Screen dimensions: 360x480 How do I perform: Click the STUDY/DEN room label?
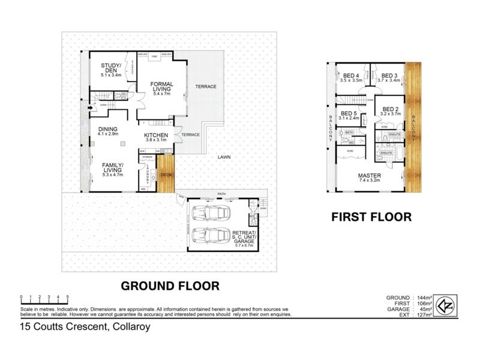pyautogui.click(x=111, y=70)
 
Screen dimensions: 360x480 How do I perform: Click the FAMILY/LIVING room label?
pyautogui.click(x=112, y=169)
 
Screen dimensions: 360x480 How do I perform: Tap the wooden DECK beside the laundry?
pyautogui.click(x=166, y=175)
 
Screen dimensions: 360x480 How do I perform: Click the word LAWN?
pyautogui.click(x=224, y=157)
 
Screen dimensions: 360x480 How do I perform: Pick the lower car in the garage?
pyautogui.click(x=214, y=236)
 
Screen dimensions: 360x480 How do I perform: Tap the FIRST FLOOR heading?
pyautogui.click(x=371, y=217)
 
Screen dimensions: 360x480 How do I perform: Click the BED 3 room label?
pyautogui.click(x=390, y=76)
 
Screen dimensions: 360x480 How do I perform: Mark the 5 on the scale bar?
pyautogui.click(x=68, y=297)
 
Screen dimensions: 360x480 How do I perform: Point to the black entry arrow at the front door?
pyautogui.click(x=91, y=109)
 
